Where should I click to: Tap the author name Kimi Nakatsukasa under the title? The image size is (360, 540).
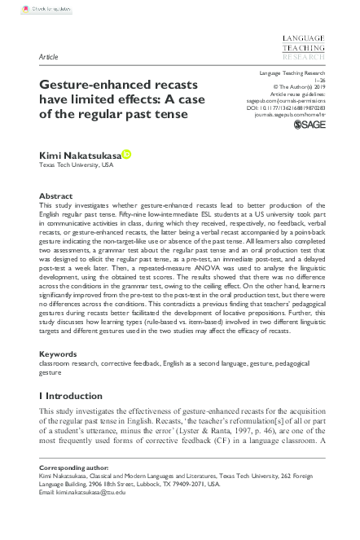[81, 153]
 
